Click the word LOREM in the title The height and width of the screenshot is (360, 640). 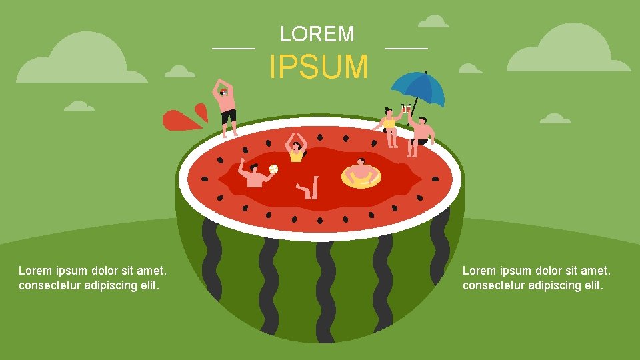pos(317,34)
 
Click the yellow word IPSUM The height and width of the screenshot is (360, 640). pos(318,67)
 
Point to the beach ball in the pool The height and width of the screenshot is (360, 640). pos(273,169)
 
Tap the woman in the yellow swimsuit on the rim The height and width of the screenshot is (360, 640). pos(391,127)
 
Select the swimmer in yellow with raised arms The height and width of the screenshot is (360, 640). pos(296,149)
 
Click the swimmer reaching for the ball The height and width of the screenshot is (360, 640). pos(254,175)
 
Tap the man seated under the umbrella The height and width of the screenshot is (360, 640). pos(420,133)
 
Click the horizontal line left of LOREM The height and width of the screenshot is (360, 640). pos(233,49)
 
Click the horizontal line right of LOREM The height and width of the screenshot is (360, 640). pos(407,49)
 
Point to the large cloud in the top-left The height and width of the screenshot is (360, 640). pos(83,60)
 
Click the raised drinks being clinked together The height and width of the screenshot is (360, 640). pos(405,108)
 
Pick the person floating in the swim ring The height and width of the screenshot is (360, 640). pos(361,171)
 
